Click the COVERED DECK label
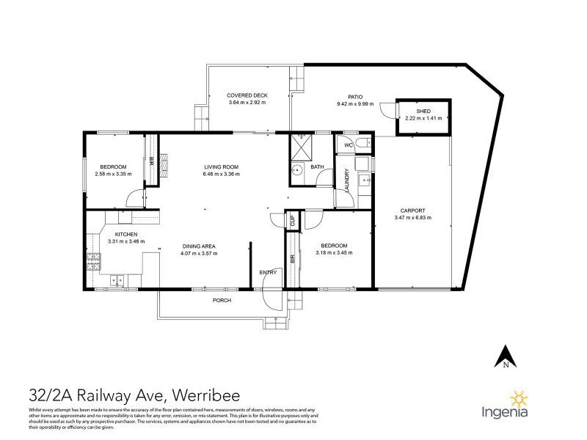[246, 95]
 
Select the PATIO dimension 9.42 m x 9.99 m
[354, 103]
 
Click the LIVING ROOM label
[221, 168]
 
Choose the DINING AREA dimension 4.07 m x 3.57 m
[199, 253]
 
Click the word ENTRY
[268, 273]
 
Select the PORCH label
[222, 301]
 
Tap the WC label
[349, 145]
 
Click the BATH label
[317, 167]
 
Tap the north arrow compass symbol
[506, 356]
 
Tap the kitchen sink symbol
[117, 279]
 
